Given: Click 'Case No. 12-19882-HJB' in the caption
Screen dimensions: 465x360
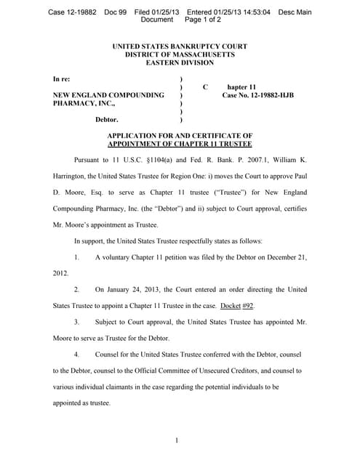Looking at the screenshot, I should click(258, 95).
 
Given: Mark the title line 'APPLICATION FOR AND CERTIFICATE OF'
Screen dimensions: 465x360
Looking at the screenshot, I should click(179, 135).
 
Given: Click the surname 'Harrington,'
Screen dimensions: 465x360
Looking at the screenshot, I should click(75, 176).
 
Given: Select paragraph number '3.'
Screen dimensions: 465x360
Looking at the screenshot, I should click(76, 322).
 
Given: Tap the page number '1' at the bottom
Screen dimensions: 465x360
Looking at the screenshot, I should click(177, 439).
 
